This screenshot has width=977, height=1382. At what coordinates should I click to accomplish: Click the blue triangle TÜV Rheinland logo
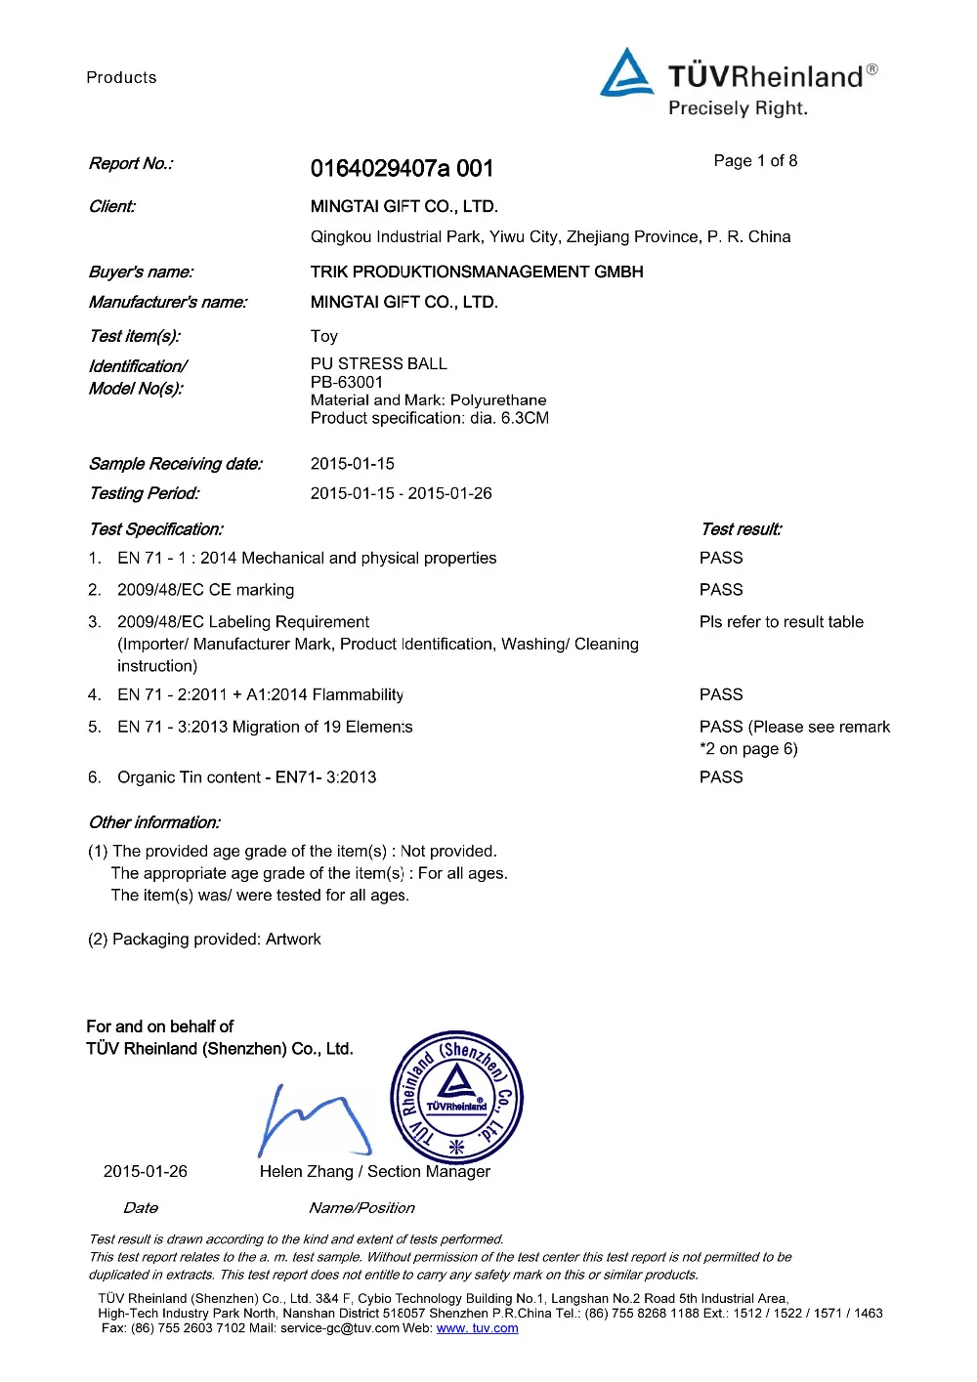click(626, 73)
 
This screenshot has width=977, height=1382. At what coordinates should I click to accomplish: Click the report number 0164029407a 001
click(402, 169)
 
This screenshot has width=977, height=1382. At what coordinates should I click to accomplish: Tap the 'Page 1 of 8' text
click(755, 161)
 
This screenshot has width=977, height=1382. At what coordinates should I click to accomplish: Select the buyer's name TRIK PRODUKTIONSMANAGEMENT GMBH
click(477, 272)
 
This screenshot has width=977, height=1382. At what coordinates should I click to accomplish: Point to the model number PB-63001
click(347, 382)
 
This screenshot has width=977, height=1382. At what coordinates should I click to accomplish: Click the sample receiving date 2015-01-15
click(353, 464)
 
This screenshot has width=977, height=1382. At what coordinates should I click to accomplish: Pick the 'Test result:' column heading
click(742, 529)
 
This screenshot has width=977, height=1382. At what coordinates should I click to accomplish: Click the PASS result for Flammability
click(721, 694)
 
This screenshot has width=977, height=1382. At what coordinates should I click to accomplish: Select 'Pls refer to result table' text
click(782, 622)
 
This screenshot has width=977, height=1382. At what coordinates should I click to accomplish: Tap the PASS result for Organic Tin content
click(721, 777)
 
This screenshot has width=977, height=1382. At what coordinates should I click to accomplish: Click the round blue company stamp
click(456, 1098)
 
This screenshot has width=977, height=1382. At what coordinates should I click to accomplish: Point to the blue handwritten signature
click(313, 1118)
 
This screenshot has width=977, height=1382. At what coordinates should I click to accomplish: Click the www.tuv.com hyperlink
click(477, 1328)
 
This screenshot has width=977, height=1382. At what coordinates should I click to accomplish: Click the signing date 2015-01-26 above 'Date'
click(146, 1172)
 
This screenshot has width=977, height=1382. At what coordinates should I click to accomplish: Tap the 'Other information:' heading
click(154, 822)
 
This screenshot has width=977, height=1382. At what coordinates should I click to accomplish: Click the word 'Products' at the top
click(121, 78)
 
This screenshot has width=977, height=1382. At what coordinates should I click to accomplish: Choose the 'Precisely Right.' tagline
click(738, 108)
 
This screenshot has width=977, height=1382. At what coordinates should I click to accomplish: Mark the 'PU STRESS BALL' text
click(379, 363)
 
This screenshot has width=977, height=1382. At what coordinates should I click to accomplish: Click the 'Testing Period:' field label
click(144, 493)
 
